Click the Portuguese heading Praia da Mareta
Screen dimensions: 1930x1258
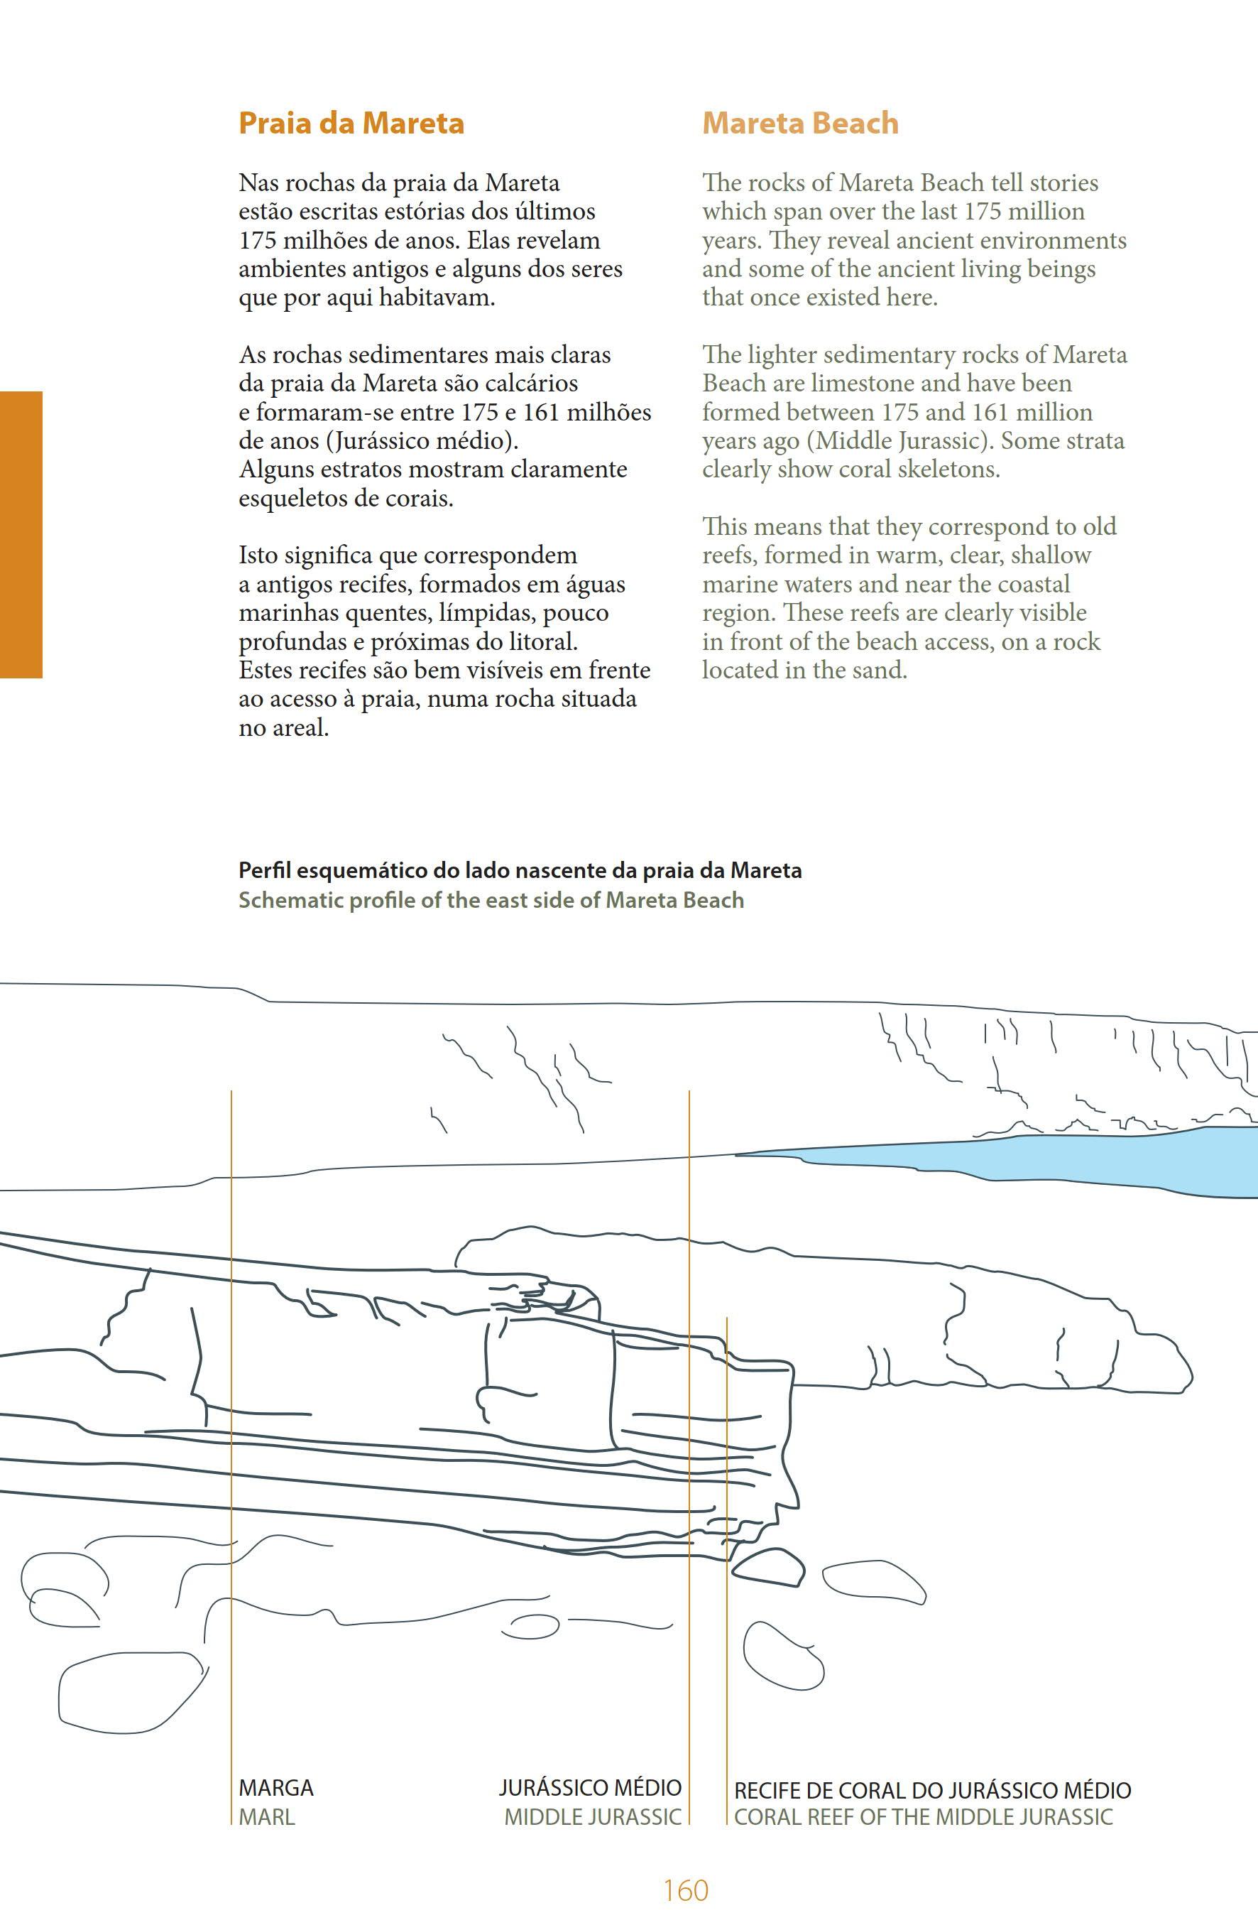pos(351,124)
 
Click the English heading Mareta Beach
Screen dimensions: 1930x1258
pos(800,124)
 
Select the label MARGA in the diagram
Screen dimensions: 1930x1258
pos(275,1788)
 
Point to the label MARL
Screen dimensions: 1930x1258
pos(267,1816)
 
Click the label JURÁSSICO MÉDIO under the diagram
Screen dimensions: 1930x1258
pos(590,1788)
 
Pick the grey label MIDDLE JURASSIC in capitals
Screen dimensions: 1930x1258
pos(593,1816)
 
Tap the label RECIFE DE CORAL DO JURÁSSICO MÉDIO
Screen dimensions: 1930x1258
pos(932,1791)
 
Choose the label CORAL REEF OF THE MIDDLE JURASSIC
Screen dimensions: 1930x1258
pos(923,1816)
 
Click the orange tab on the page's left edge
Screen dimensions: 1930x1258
pos(21,534)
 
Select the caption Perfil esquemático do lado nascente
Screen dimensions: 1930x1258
pos(520,870)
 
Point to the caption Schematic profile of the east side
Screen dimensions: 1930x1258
pos(491,900)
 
